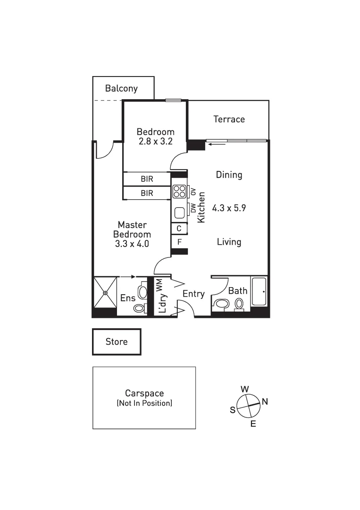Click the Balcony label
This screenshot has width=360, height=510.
tap(121, 88)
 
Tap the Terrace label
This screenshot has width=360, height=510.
tap(229, 119)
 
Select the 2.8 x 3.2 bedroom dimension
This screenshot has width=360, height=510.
tap(155, 141)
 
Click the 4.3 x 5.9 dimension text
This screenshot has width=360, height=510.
tap(229, 207)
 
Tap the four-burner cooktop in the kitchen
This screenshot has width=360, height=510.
tap(179, 191)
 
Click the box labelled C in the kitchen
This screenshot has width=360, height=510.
tap(179, 229)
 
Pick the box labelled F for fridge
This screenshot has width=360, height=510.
tap(179, 241)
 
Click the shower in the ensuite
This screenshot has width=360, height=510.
tap(105, 292)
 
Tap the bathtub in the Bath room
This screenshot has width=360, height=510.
tap(260, 291)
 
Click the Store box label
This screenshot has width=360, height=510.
tap(117, 342)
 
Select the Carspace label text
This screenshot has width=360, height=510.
tap(144, 393)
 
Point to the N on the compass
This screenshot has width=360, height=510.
tap(265, 402)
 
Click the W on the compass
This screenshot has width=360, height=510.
tap(245, 389)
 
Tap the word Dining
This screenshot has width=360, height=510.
tap(229, 175)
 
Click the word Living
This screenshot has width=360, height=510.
tap(229, 242)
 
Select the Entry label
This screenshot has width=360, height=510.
tap(193, 294)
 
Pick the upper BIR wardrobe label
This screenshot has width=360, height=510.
tap(147, 179)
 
